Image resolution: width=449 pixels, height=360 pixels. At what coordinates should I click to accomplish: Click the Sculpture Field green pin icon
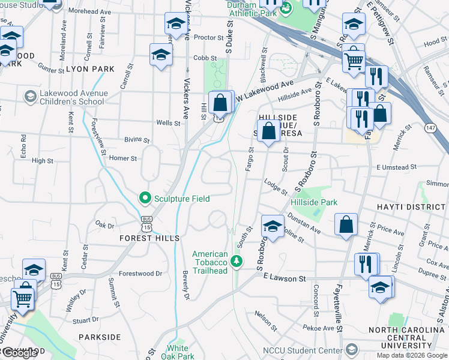click(145, 197)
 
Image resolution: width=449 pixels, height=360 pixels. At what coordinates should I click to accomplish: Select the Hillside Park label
click(314, 203)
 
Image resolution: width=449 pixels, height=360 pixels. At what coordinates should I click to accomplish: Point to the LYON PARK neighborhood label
click(89, 69)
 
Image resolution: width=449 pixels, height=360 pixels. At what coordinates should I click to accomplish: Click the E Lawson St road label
click(285, 278)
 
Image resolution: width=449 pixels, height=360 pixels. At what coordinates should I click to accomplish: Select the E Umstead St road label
click(396, 167)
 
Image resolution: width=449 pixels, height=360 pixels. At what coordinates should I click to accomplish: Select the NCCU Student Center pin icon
click(351, 350)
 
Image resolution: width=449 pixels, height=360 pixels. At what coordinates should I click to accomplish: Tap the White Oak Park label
click(177, 352)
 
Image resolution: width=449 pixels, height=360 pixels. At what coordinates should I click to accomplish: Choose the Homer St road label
click(123, 158)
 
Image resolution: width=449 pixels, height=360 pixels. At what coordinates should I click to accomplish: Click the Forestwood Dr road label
click(140, 274)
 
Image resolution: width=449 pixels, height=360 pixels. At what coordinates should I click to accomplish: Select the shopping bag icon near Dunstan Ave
click(346, 225)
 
